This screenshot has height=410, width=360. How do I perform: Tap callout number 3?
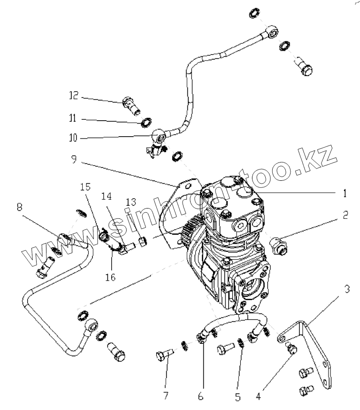point(346,288)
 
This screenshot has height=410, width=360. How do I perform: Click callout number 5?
point(238,397)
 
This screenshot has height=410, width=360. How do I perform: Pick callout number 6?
point(200,397)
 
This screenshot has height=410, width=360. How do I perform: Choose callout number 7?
point(165,396)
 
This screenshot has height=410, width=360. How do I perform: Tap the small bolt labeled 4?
point(291,348)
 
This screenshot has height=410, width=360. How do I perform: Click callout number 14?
point(106,194)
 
